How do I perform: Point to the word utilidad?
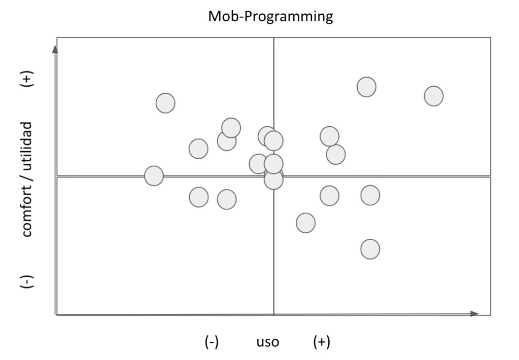click(x=27, y=147)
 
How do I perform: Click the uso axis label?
click(x=267, y=342)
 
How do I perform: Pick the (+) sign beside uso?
click(x=321, y=342)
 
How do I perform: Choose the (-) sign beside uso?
click(x=211, y=342)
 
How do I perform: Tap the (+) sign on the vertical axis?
click(x=27, y=79)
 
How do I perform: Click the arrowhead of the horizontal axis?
click(x=475, y=314)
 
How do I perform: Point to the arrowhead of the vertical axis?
click(x=55, y=49)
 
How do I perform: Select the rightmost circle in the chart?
click(x=433, y=96)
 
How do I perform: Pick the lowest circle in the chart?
click(x=370, y=249)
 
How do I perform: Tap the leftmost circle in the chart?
click(x=154, y=176)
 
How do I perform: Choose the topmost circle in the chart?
click(x=366, y=87)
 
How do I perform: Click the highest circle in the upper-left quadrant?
click(x=165, y=103)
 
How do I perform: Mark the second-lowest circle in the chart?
click(x=305, y=222)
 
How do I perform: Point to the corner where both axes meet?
click(x=56, y=315)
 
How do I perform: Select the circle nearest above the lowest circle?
click(x=370, y=195)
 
